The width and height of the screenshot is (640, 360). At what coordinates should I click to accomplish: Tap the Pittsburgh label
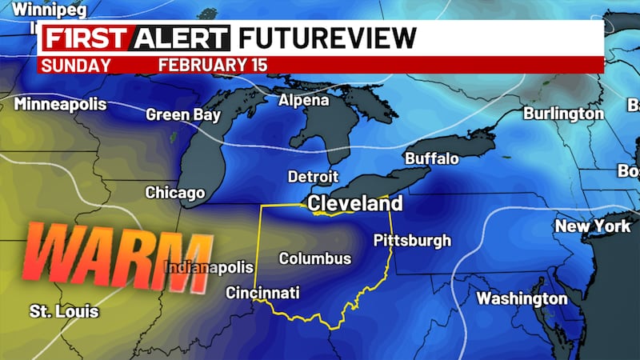pos(412,240)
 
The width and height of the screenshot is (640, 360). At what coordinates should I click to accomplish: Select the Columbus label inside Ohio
pos(314,258)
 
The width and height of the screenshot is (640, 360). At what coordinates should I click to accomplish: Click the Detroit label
pos(314,177)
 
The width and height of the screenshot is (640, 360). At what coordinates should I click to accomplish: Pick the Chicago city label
pos(174,193)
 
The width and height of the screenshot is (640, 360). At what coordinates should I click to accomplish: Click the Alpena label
pos(303,101)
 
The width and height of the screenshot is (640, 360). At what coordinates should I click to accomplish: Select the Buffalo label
pos(431,158)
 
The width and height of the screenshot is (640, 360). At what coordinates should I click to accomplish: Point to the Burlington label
pos(563,114)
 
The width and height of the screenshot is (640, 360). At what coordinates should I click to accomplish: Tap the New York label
pos(593,226)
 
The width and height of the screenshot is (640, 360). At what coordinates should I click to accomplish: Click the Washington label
pos(522,298)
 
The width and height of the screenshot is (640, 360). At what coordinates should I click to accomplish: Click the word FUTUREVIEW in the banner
pos(327,38)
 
